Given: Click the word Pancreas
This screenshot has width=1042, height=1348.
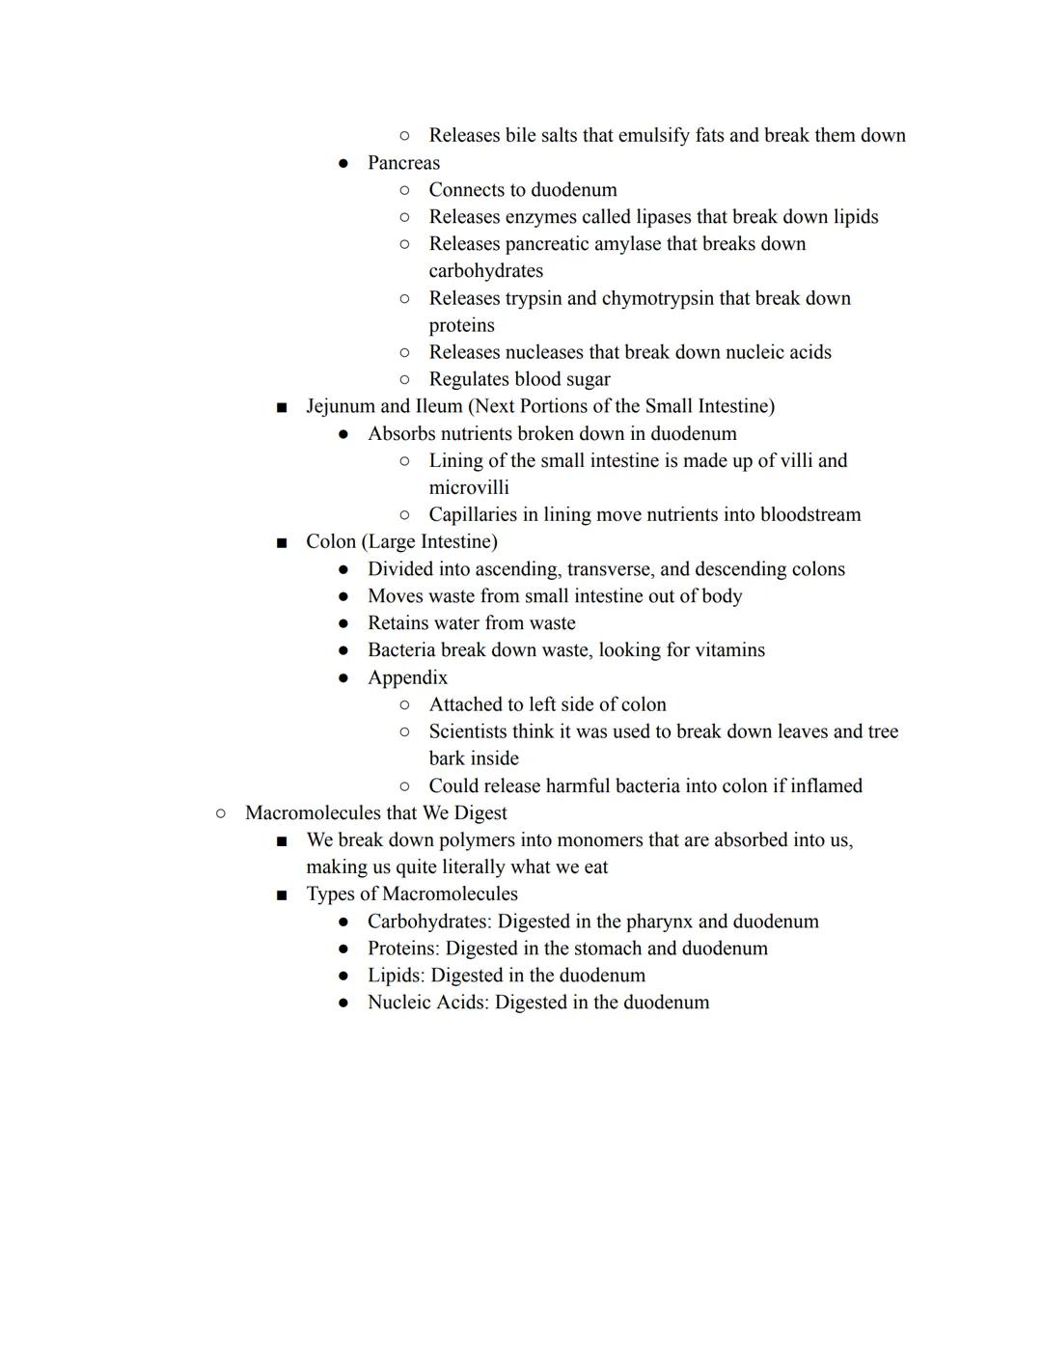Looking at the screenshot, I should [403, 163].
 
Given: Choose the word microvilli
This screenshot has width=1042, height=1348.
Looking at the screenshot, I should [469, 487].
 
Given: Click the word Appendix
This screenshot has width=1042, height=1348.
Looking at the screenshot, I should [407, 677].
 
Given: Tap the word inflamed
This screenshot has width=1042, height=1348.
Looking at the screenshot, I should [826, 786].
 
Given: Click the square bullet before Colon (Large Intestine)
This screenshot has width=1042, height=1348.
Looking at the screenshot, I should [282, 542].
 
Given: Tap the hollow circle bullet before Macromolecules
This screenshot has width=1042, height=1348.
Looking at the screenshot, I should [221, 813].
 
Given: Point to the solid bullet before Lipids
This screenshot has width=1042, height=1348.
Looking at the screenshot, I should [343, 977].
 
